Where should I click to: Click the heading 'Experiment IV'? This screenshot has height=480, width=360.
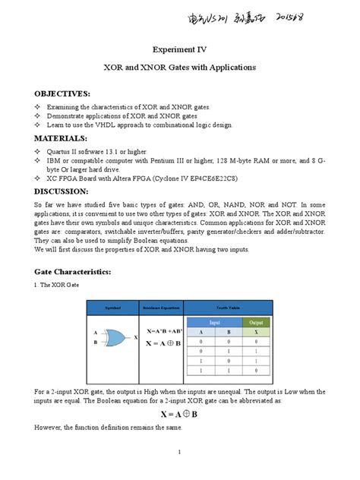click(179, 49)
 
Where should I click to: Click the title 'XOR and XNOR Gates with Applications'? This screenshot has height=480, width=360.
click(179, 68)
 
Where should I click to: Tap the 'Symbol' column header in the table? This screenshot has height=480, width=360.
click(112, 307)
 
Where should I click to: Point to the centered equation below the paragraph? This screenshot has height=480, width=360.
click(179, 414)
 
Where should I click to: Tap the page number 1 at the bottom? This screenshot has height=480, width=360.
click(179, 453)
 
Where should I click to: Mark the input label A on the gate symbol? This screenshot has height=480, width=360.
click(95, 333)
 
